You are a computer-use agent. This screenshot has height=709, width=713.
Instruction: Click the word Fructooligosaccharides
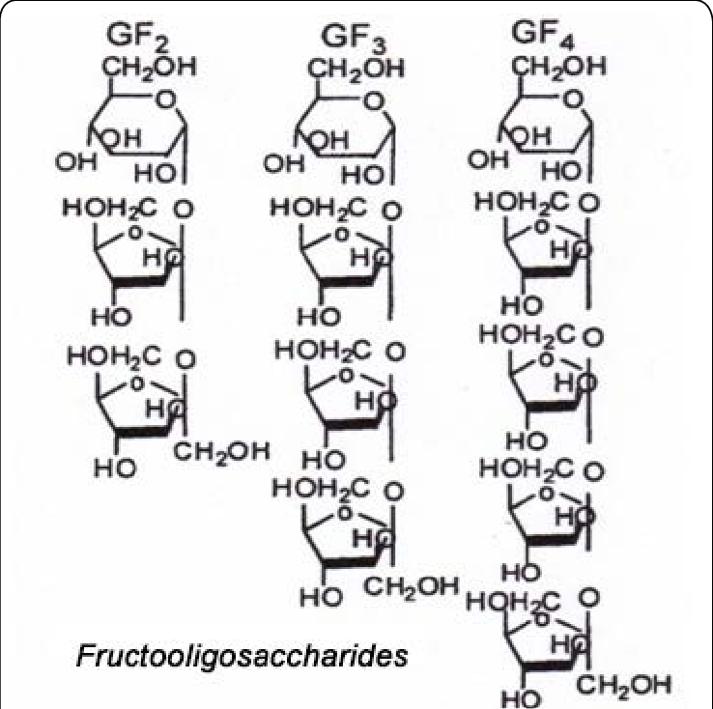coord(242,657)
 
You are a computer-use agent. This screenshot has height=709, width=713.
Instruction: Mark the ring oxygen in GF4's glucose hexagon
coord(573,98)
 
